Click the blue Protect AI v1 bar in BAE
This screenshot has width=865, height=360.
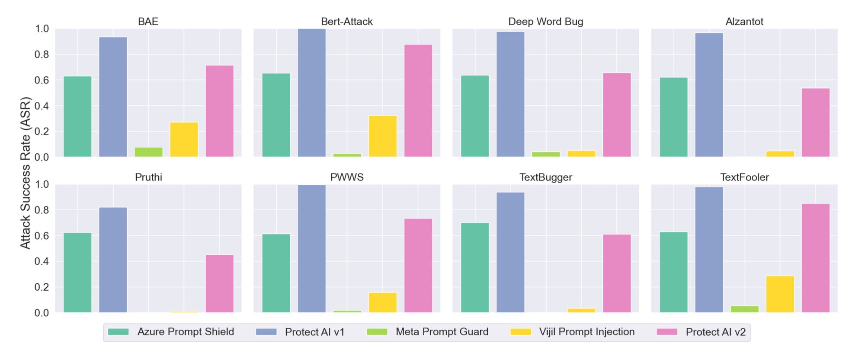click(x=113, y=97)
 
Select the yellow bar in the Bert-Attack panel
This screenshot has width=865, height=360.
click(x=382, y=136)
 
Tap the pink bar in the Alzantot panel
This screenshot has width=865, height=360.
click(x=815, y=122)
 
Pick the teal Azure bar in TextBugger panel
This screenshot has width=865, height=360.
click(x=475, y=267)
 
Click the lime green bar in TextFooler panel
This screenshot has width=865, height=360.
click(x=744, y=309)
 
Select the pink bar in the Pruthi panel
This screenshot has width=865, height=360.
click(x=219, y=283)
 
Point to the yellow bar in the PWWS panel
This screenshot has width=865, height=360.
click(x=382, y=302)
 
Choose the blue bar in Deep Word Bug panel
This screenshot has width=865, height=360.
click(x=510, y=94)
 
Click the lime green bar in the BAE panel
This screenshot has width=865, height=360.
click(x=148, y=152)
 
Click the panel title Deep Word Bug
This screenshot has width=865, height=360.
click(x=545, y=22)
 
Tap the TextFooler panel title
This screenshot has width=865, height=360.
click(x=744, y=177)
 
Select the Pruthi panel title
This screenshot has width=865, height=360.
click(x=148, y=177)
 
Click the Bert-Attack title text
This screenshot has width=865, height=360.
click(x=346, y=22)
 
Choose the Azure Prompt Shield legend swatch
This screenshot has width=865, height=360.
click(x=118, y=332)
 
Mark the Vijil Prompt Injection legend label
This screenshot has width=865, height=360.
click(x=586, y=332)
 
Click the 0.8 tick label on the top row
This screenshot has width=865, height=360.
click(x=42, y=55)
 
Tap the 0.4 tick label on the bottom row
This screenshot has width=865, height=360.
click(x=42, y=261)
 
